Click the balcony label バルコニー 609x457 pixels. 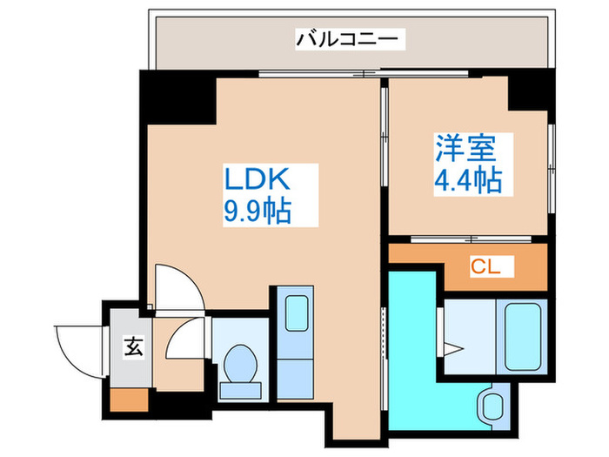click(347, 38)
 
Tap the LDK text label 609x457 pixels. click(257, 182)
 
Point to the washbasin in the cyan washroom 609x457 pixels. click(492, 405)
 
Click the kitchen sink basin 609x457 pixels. click(297, 313)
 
